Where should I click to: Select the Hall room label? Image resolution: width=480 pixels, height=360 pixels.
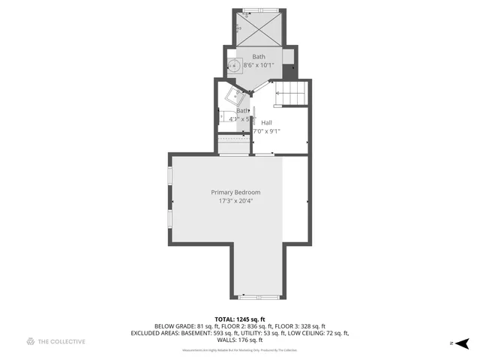click(x=266, y=122)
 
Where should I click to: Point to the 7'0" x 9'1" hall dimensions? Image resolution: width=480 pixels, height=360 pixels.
click(x=266, y=130)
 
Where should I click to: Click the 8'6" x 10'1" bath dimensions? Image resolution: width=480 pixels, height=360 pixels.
click(x=259, y=65)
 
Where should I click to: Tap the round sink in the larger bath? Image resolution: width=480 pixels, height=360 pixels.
click(x=233, y=65)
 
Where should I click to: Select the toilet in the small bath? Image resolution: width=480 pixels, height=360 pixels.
click(x=227, y=116)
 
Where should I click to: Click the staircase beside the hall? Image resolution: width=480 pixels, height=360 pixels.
click(x=293, y=94)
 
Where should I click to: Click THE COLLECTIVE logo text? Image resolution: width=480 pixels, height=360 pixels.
click(x=61, y=342)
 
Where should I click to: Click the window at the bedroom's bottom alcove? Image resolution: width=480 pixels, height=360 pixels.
click(x=258, y=297)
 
